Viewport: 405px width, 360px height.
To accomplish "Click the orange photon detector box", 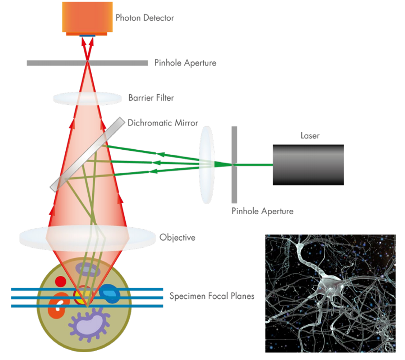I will [87, 17].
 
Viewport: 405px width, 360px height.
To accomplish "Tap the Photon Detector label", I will [145, 18].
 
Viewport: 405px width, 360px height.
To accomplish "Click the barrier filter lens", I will [87, 98].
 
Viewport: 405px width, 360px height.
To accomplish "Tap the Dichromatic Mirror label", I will [163, 122].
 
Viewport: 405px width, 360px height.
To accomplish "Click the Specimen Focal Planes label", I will [212, 296].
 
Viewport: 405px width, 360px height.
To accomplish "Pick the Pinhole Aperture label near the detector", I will [185, 63].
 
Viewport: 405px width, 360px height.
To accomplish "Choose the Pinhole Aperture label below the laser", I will [262, 211].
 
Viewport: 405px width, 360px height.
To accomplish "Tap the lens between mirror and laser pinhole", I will [206, 164].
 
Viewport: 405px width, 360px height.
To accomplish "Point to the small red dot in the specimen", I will [60, 281].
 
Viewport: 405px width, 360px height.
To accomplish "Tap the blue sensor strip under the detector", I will [87, 35].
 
